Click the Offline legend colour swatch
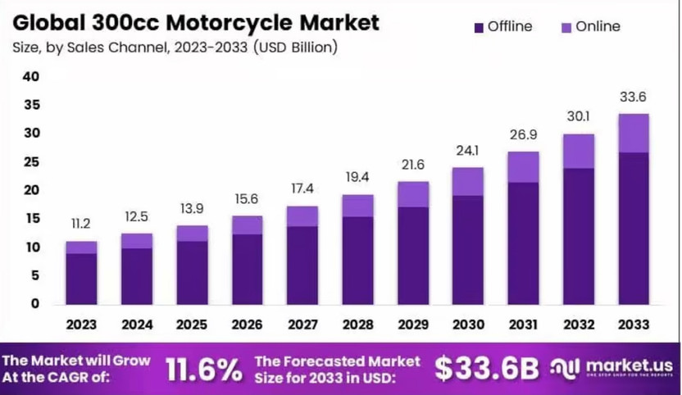(479, 28)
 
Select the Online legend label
(598, 27)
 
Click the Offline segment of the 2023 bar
(81, 279)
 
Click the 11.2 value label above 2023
(81, 224)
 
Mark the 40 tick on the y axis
(31, 76)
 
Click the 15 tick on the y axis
(31, 218)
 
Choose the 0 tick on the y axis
(34, 303)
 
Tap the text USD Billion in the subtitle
(295, 47)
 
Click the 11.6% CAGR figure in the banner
(203, 369)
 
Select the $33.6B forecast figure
(487, 369)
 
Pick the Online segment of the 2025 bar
(193, 234)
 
